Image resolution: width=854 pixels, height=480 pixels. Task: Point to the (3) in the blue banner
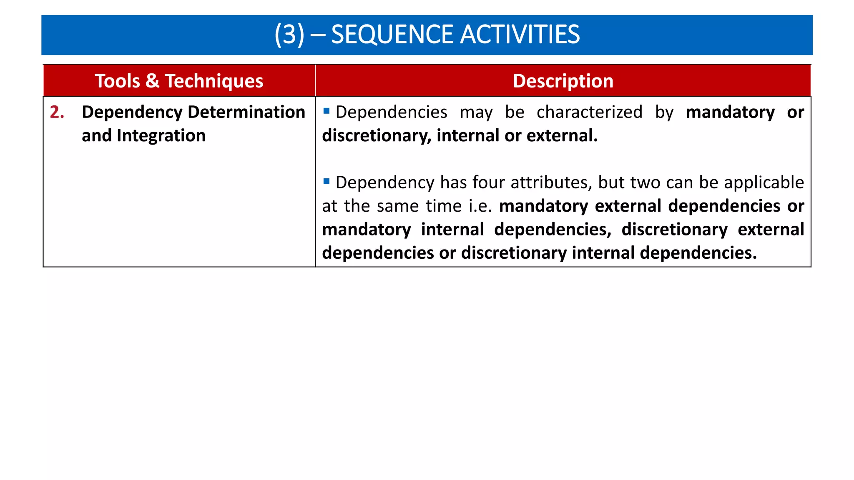(289, 35)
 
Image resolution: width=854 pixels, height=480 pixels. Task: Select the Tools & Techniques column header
(179, 81)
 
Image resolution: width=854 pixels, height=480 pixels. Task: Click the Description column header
(563, 81)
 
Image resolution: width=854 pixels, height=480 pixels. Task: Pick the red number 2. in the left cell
(57, 112)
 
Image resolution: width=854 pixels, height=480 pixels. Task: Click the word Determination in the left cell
(246, 112)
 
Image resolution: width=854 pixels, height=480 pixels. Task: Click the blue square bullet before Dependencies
(327, 111)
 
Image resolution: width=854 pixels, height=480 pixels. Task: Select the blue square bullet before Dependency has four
(327, 181)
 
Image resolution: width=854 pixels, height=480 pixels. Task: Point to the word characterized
(589, 112)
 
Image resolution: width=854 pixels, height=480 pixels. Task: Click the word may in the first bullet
(476, 113)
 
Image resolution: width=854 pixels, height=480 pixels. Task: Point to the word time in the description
(443, 206)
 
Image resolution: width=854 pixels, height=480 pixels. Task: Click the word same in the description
(398, 206)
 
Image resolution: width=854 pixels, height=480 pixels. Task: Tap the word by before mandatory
(664, 113)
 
